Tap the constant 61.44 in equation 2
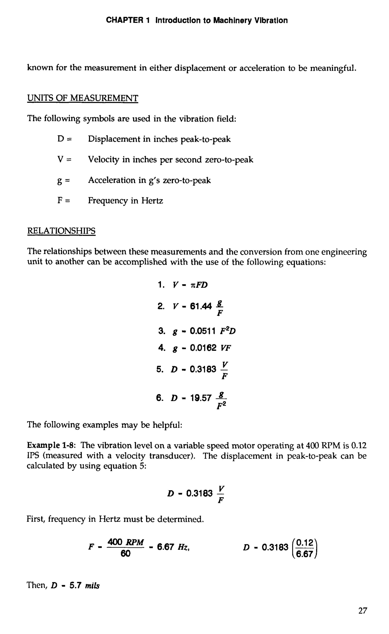pyautogui.click(x=201, y=306)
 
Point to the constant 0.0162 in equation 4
pyautogui.click(x=203, y=348)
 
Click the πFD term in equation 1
pyautogui.click(x=199, y=285)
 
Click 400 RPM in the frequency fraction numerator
pyautogui.click(x=125, y=542)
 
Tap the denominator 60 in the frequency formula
pyautogui.click(x=125, y=554)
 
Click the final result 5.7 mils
pyautogui.click(x=85, y=585)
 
